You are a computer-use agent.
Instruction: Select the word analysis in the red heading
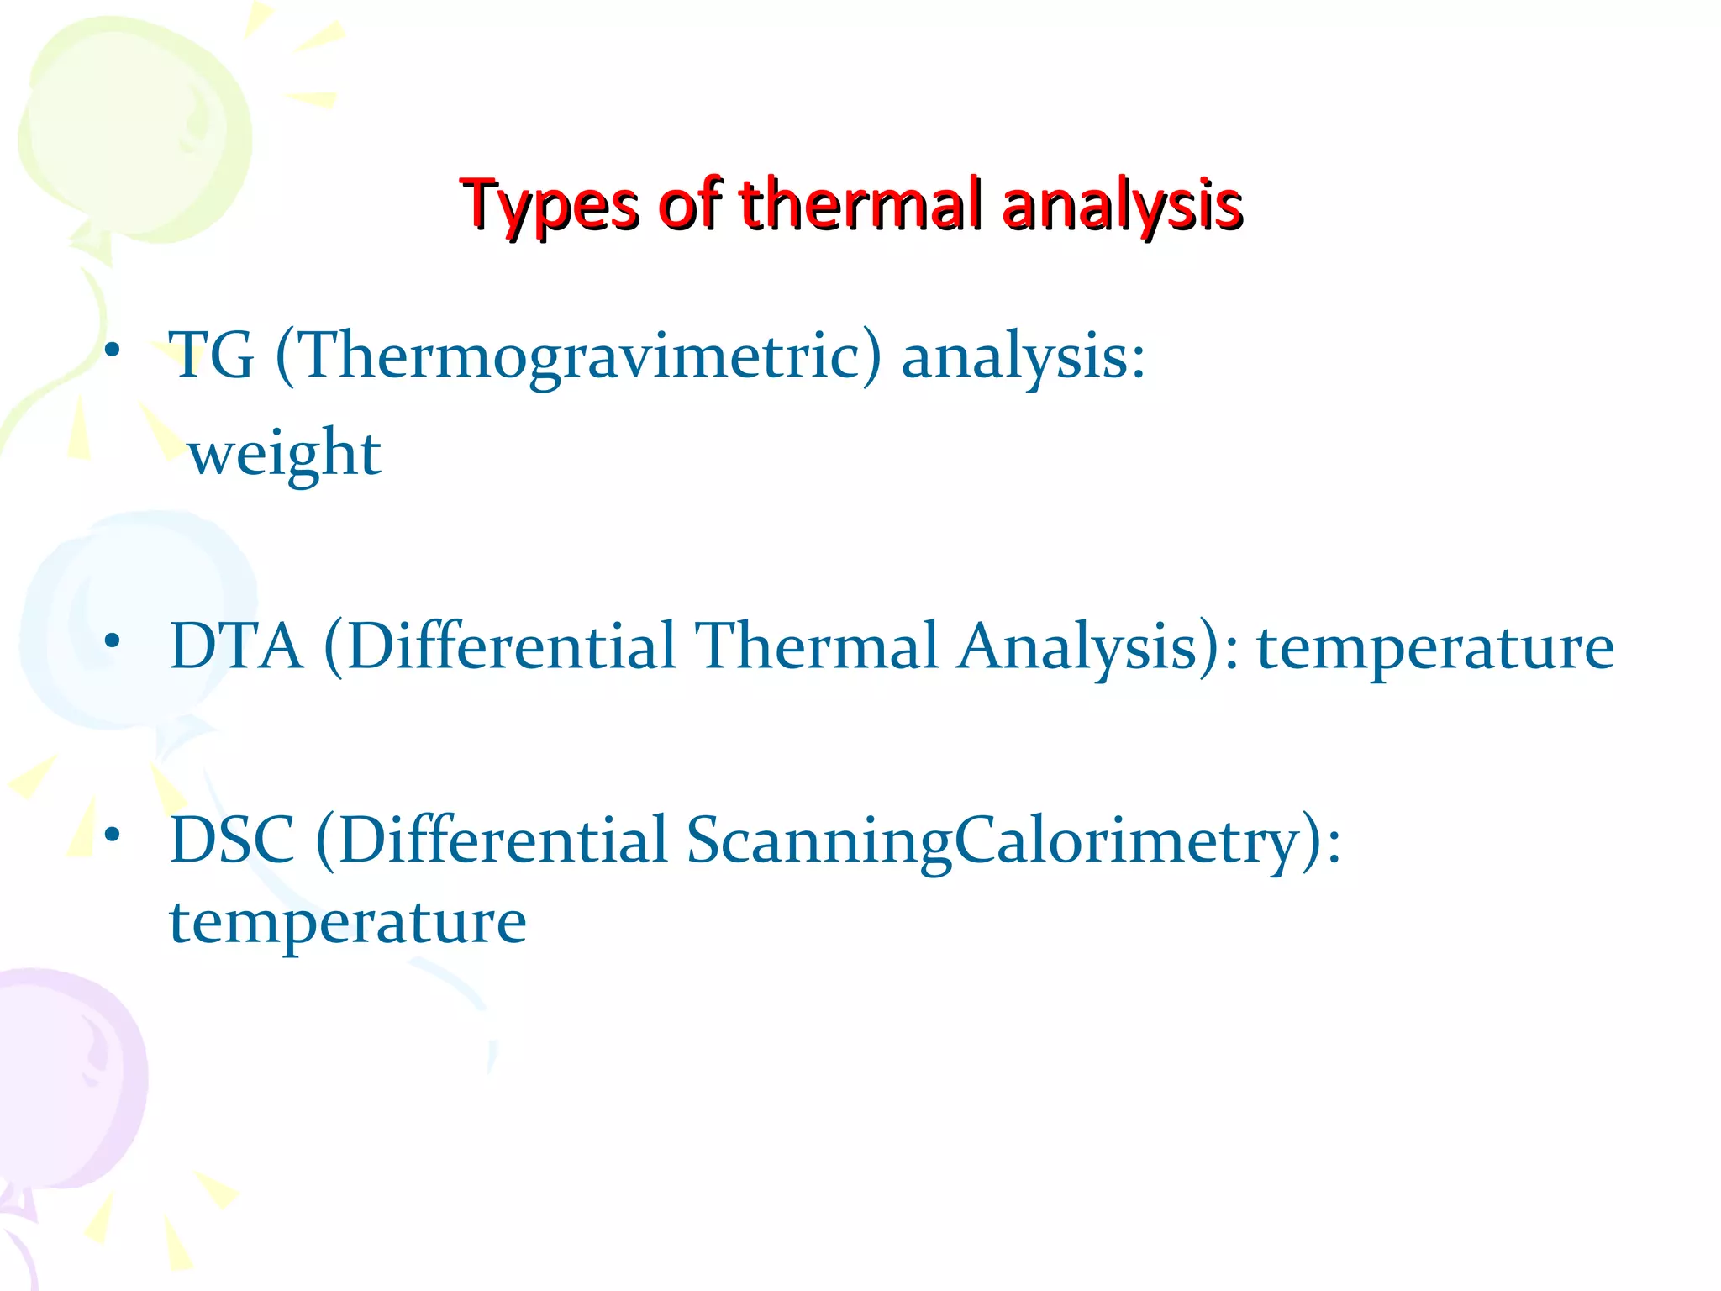point(1122,204)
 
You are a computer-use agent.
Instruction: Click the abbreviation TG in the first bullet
point(211,356)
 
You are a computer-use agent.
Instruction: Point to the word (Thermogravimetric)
point(579,356)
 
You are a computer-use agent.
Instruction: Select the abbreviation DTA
point(236,646)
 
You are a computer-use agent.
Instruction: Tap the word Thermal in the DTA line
point(817,646)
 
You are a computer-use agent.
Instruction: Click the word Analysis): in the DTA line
point(1098,646)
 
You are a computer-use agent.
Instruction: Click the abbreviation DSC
point(232,840)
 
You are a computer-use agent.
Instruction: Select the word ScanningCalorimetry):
point(1013,841)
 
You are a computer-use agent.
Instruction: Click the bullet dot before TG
point(113,349)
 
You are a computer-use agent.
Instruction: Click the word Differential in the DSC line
point(503,840)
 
